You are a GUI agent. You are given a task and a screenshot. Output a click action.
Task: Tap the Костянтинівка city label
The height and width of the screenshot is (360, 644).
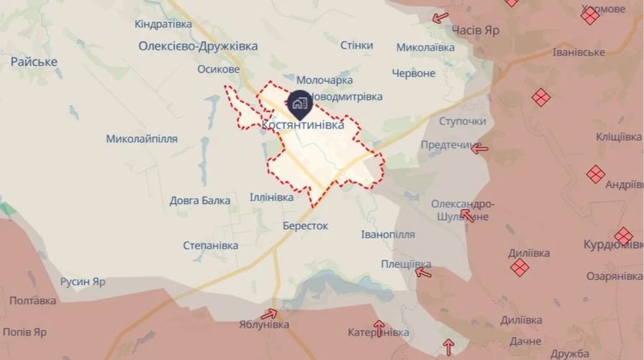[x=303, y=125]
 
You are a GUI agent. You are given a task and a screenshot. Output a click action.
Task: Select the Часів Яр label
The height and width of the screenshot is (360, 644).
[x=476, y=31]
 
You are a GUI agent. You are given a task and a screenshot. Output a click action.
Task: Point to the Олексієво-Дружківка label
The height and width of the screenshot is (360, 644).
[x=198, y=46]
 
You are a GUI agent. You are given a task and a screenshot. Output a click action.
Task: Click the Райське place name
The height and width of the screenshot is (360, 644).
[x=34, y=62]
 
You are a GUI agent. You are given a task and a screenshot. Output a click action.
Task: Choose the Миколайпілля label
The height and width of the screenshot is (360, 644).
[x=142, y=138]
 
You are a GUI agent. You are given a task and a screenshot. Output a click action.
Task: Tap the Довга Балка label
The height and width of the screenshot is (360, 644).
[x=200, y=200]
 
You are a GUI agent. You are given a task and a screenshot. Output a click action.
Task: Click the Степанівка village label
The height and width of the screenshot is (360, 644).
[x=210, y=245]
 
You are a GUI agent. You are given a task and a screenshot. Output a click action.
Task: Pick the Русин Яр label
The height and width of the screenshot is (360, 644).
[x=82, y=281]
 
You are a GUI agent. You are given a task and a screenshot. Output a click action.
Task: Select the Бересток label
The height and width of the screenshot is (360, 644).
[x=305, y=225]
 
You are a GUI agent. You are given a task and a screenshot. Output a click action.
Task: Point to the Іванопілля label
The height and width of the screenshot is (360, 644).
[x=388, y=235]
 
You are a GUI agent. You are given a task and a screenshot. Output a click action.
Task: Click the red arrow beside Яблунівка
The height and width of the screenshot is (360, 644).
[x=269, y=313]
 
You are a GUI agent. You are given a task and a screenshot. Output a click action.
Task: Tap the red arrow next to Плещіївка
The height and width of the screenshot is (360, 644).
[x=424, y=271]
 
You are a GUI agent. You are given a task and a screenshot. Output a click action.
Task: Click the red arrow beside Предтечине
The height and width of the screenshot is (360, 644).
[x=480, y=149]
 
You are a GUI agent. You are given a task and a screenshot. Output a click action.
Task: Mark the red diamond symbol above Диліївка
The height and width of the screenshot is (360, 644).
[x=520, y=267]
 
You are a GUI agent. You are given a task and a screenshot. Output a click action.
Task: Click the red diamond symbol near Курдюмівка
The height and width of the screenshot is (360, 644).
[x=623, y=236]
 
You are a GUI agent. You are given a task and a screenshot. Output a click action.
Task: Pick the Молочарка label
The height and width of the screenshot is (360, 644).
[x=324, y=81]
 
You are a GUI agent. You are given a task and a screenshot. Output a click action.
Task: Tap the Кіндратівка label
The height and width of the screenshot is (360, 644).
[x=163, y=24]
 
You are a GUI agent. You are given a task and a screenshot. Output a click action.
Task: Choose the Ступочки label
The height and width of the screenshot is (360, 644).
[x=463, y=121]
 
